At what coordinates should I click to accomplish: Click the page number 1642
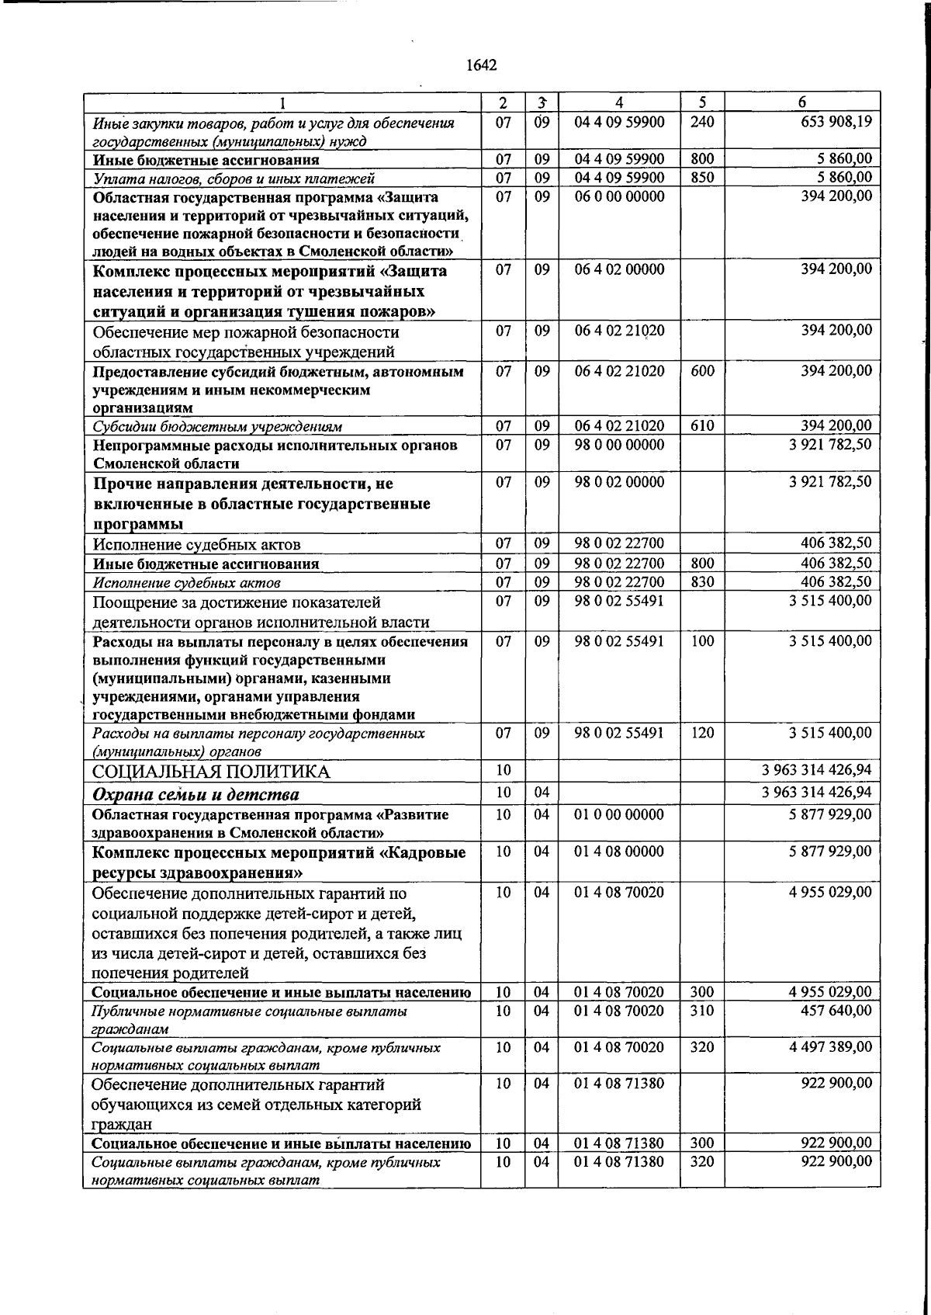click(481, 65)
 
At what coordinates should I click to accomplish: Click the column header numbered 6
click(801, 102)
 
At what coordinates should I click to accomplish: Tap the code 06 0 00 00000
click(619, 196)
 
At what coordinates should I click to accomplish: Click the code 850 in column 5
click(702, 178)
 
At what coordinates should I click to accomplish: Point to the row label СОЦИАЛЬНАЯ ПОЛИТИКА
click(211, 772)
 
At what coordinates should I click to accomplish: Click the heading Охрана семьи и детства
click(196, 794)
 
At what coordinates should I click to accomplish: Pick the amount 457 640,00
click(836, 1011)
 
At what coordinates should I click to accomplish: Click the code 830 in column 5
click(702, 581)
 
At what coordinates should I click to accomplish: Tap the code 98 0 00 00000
click(619, 445)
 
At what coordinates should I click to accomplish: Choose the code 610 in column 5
click(702, 425)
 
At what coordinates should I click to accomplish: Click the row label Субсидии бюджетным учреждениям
click(217, 427)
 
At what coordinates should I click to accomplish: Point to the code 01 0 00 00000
click(619, 814)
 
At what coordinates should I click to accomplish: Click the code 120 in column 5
click(702, 733)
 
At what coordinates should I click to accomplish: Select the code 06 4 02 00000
click(619, 269)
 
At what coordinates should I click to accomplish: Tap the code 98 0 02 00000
click(619, 481)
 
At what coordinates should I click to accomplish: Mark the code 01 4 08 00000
click(619, 852)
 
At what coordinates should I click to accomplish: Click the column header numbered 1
click(282, 102)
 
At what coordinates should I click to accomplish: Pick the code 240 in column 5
click(702, 122)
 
